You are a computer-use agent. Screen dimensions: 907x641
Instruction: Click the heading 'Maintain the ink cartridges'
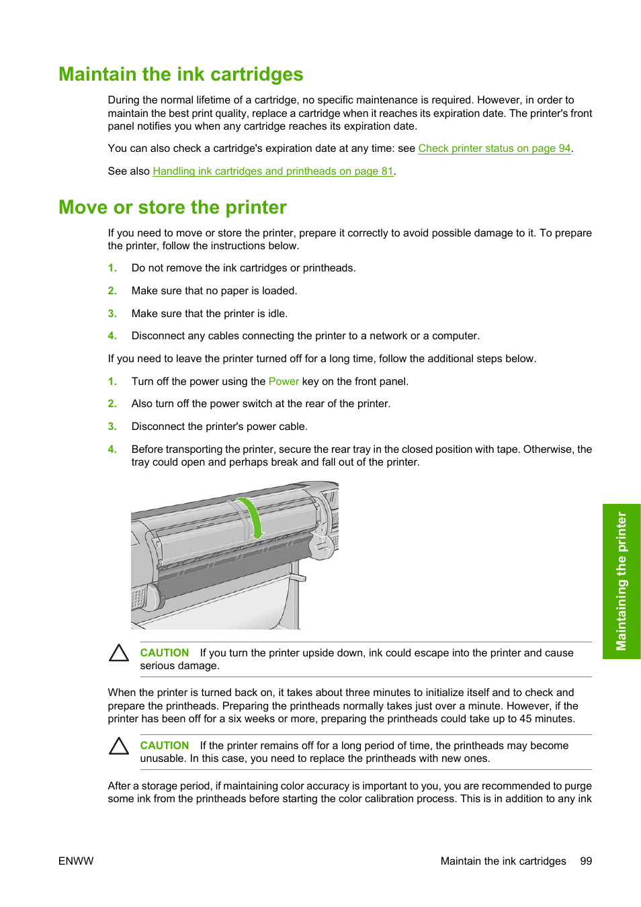tap(181, 75)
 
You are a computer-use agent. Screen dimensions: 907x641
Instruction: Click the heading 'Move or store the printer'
tap(173, 208)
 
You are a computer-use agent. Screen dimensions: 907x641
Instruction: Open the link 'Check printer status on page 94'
tap(494, 148)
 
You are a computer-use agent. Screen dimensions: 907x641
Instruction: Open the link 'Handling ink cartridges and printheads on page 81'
tap(273, 171)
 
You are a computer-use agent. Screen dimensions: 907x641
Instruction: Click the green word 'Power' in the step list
tap(284, 382)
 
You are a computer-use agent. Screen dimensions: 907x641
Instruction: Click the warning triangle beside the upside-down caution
tap(119, 653)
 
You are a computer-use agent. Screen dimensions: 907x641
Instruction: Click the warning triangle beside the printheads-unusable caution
tap(119, 746)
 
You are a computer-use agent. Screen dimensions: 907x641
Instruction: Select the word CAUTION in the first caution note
tap(164, 653)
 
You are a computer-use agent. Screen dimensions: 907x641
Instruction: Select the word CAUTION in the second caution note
tap(164, 746)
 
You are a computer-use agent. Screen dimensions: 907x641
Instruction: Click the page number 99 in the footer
tap(586, 861)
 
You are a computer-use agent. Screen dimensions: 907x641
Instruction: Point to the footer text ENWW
tap(76, 861)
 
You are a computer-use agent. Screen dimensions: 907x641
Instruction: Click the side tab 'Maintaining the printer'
tap(622, 581)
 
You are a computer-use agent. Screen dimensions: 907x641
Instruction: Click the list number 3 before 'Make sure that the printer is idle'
tap(112, 314)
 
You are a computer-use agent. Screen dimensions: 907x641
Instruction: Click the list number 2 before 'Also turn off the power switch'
tap(112, 404)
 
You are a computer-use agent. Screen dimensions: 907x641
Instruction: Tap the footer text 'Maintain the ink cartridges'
tap(503, 861)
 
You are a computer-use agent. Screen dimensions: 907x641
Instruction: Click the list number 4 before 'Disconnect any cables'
tap(112, 336)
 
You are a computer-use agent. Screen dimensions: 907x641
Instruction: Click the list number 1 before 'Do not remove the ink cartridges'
tap(112, 268)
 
